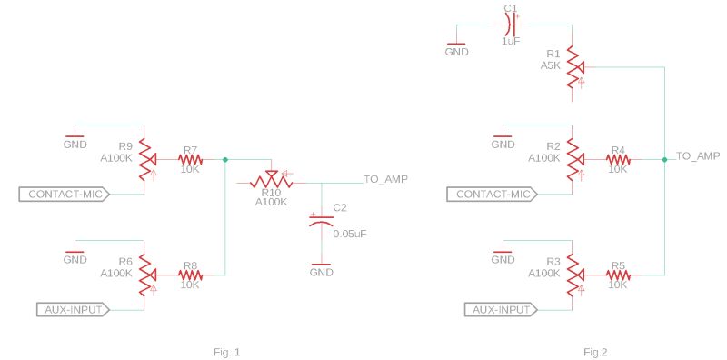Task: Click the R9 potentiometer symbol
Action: [x=143, y=159]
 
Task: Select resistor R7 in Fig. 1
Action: [x=190, y=159]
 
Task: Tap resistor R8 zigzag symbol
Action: [x=190, y=275]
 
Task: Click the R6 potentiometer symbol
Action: [x=143, y=275]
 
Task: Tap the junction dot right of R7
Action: [x=225, y=159]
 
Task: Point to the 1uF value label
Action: [x=511, y=41]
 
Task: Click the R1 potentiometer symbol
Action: [x=572, y=65]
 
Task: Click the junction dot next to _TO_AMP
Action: [x=665, y=159]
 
